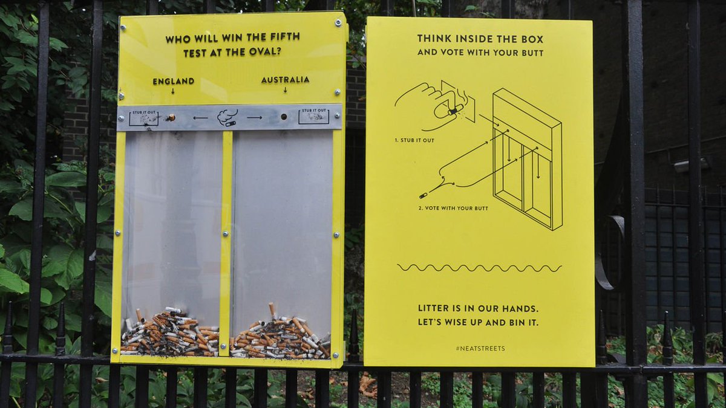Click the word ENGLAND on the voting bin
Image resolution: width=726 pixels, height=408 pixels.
point(173,81)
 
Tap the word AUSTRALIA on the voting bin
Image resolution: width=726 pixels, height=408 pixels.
point(285,80)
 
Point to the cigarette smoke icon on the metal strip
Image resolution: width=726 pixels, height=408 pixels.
point(227,117)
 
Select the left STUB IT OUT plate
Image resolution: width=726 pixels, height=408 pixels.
point(144,117)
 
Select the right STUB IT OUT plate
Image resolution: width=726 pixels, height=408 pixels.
point(313,115)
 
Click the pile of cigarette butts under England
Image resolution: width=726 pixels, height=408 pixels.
point(169,334)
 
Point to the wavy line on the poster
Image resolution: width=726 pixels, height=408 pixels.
point(479,268)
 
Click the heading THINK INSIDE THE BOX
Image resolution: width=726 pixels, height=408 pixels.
point(480,39)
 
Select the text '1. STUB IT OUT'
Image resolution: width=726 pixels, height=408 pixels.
point(414,140)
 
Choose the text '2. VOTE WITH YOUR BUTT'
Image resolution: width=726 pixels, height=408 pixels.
point(453,208)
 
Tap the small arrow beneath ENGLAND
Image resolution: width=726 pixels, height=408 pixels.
point(172,91)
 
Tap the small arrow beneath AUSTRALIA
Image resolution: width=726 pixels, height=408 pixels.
point(285,90)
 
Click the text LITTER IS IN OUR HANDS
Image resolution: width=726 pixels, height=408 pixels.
point(478,308)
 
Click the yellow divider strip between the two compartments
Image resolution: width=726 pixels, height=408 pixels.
point(226,242)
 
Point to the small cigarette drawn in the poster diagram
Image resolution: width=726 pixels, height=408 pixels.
point(423,195)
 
